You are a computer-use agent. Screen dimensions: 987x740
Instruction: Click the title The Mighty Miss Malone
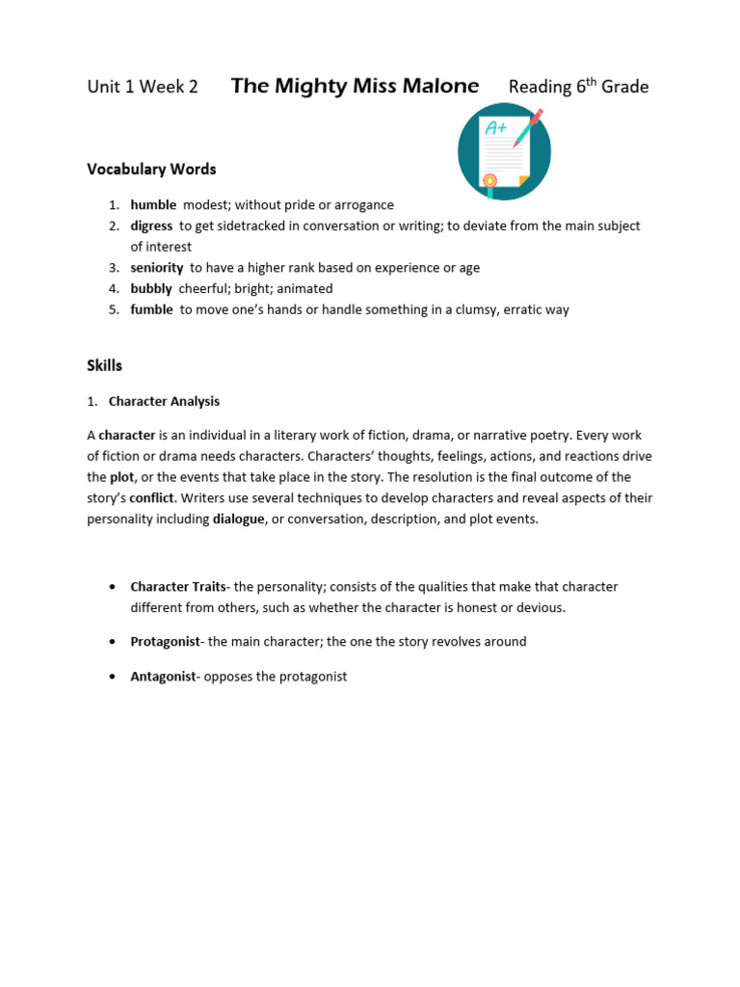tap(355, 86)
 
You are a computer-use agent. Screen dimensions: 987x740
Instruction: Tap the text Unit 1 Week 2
tap(143, 87)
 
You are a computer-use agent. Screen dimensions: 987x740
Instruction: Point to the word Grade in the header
tap(625, 87)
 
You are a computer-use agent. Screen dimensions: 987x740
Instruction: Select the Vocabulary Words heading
tap(151, 169)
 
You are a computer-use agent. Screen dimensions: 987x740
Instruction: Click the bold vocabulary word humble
tap(153, 204)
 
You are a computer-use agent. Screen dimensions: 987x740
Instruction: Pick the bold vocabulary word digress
tap(151, 226)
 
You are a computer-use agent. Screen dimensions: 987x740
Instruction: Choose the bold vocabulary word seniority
tap(157, 267)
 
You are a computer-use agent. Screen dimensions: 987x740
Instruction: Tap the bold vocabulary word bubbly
tap(151, 288)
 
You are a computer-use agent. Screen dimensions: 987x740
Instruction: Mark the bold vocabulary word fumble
tap(151, 309)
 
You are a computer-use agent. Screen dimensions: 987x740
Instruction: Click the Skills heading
tap(105, 366)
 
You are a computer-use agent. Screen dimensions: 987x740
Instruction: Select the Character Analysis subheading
tap(164, 401)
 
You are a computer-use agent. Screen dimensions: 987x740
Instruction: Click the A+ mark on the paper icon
tap(496, 127)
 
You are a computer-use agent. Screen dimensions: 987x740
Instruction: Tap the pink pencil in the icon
tap(529, 125)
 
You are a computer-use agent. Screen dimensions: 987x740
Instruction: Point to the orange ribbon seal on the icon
tap(490, 180)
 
